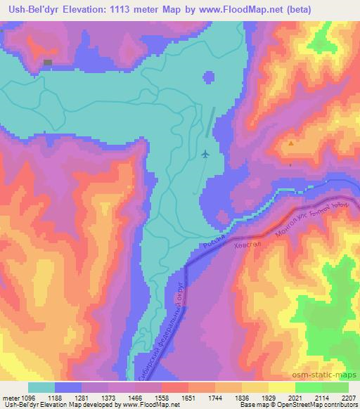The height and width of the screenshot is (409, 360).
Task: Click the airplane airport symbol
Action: [x=205, y=154]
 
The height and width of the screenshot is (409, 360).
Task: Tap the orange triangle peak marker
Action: [x=292, y=143]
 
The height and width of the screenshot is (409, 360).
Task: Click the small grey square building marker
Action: [x=48, y=63]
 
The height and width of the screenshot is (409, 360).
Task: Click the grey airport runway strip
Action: [x=211, y=122]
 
